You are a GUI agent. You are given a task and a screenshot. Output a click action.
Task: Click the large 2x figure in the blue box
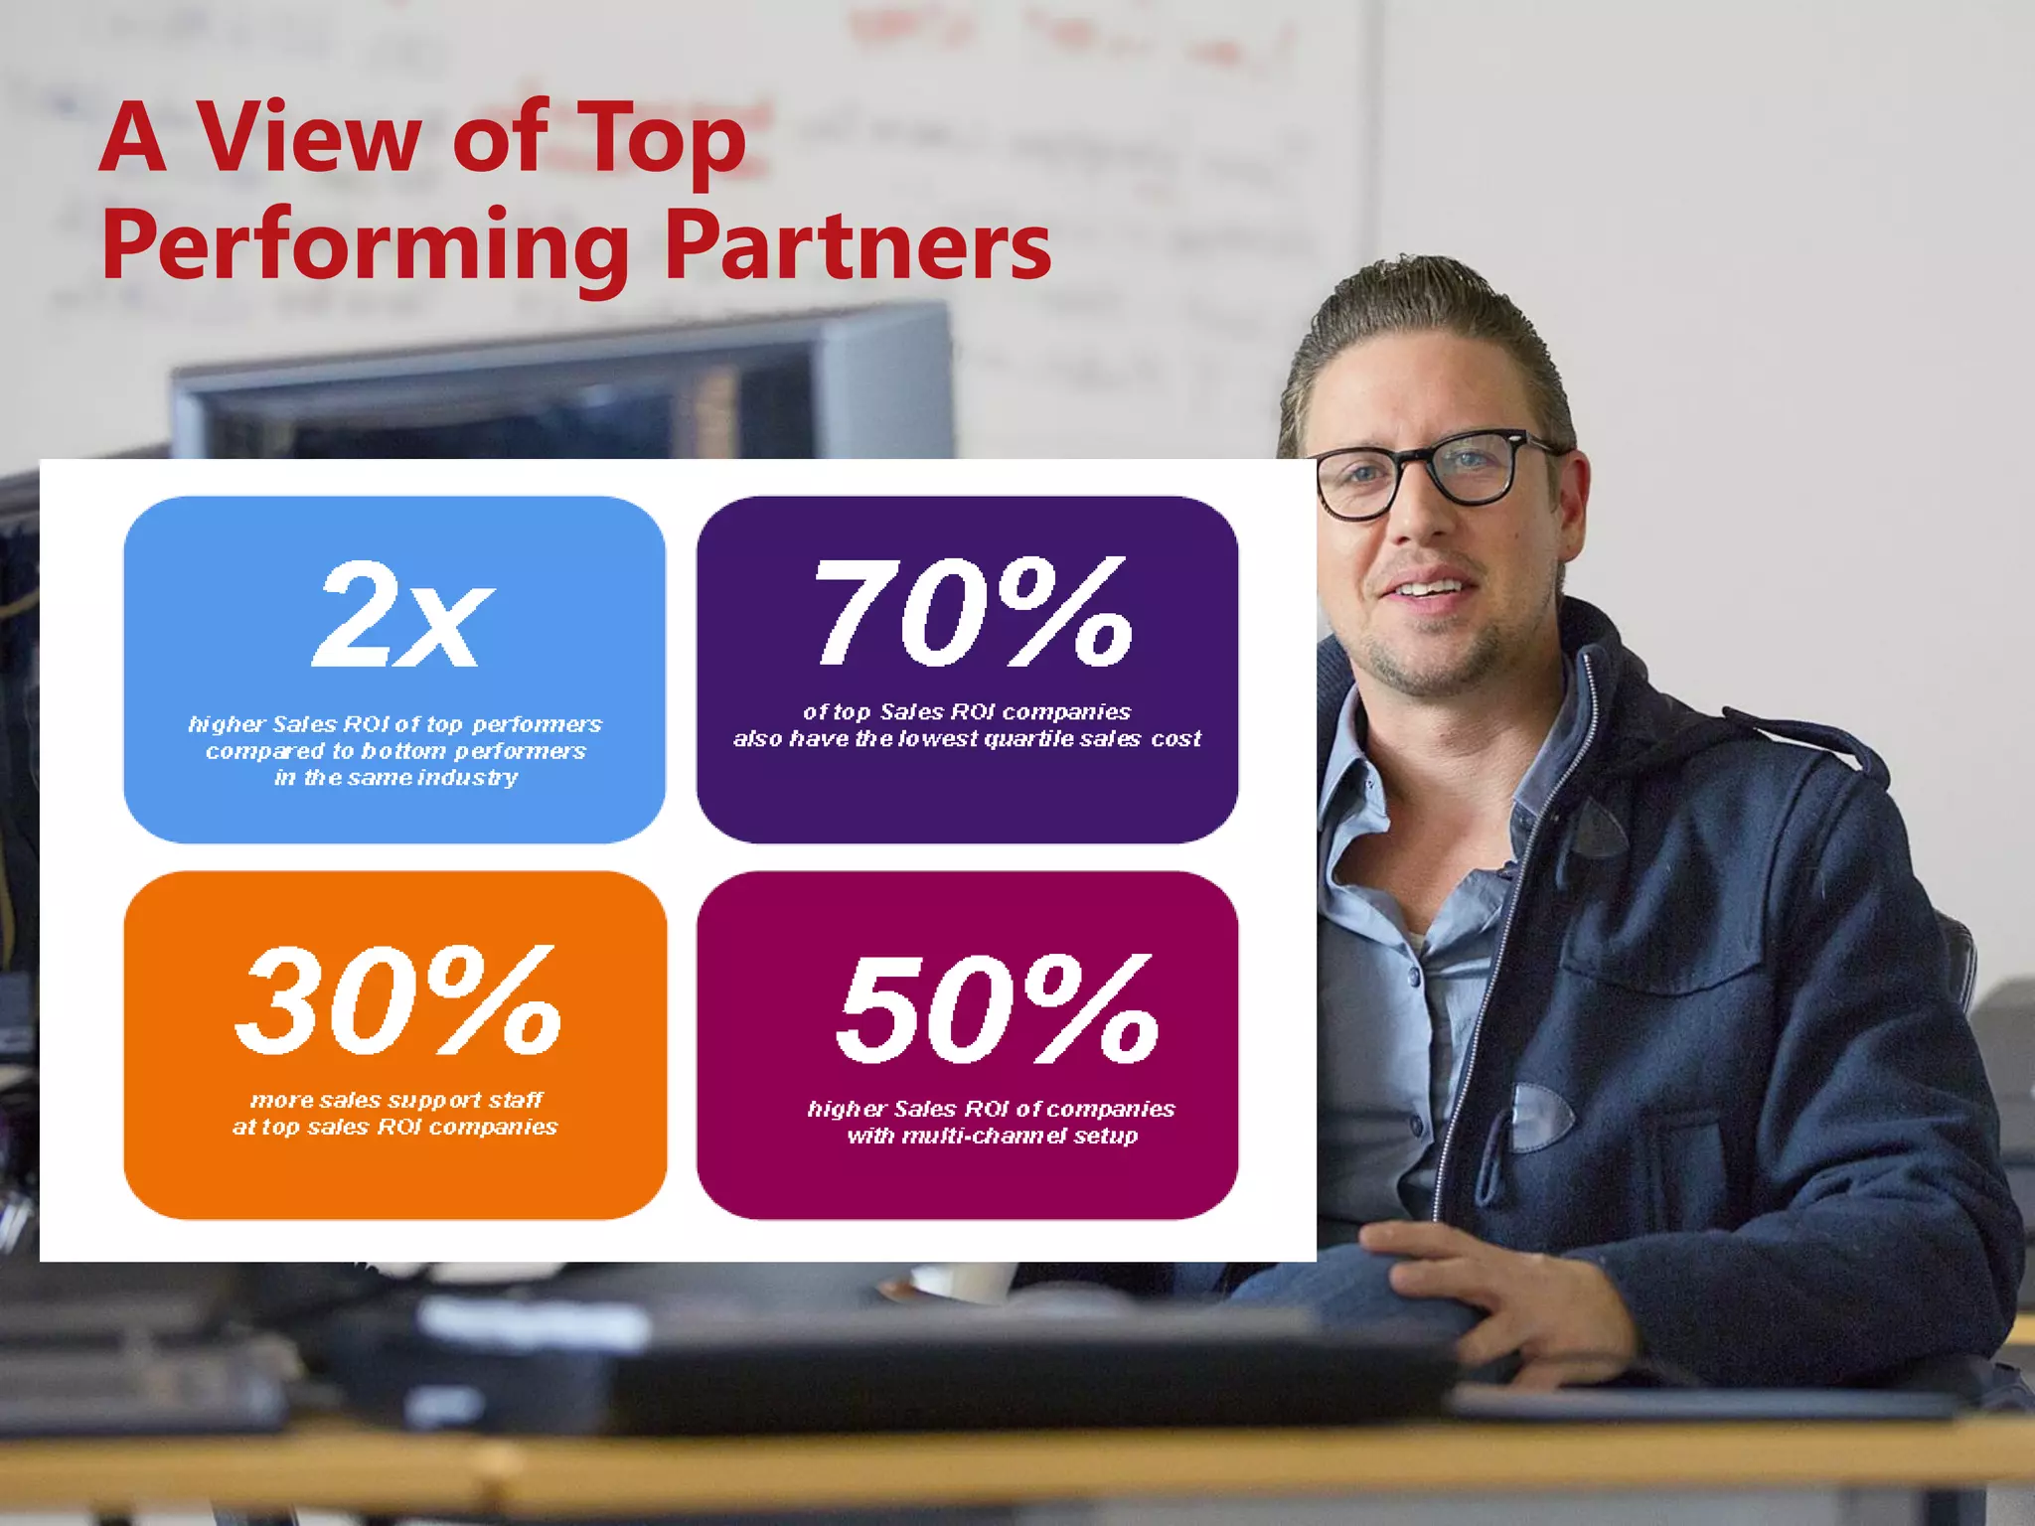coord(401,613)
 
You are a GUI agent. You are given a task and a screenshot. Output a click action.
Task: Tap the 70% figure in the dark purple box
coord(973,611)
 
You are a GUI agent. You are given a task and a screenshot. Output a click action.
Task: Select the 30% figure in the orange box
coord(397,999)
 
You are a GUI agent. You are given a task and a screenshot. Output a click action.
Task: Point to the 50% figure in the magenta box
coord(997,1007)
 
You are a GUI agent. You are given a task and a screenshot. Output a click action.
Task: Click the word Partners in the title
coord(856,245)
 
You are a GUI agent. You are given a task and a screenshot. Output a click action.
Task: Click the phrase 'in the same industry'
coord(395,778)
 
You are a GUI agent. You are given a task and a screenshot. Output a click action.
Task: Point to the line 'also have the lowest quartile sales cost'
coord(967,739)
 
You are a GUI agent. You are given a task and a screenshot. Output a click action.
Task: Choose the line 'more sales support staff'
coord(395,1100)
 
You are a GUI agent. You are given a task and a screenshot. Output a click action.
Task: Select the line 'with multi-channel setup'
coord(992,1136)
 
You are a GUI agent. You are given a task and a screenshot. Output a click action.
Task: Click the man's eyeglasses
coord(1431,473)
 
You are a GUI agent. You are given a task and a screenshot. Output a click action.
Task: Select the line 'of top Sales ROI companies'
coord(967,712)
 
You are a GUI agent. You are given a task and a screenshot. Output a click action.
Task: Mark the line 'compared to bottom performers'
coord(395,751)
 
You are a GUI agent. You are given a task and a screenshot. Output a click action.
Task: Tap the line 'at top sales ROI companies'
coord(395,1127)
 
